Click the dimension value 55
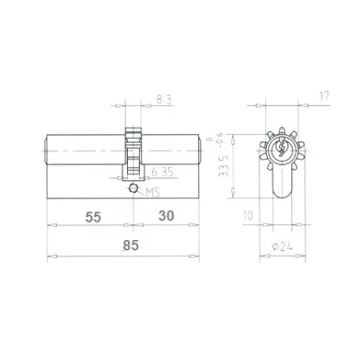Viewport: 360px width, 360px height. [x=93, y=217]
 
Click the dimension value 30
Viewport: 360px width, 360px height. [x=166, y=216]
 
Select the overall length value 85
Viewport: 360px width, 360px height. [x=131, y=246]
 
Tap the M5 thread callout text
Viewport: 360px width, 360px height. [x=153, y=193]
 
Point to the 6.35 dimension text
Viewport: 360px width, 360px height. [x=163, y=172]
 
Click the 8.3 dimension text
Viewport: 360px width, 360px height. [x=164, y=99]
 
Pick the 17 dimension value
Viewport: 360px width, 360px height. [x=324, y=96]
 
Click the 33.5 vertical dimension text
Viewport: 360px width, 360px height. [x=223, y=166]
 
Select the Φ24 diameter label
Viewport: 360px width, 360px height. [x=282, y=247]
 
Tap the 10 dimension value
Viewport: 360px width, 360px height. [x=248, y=216]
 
